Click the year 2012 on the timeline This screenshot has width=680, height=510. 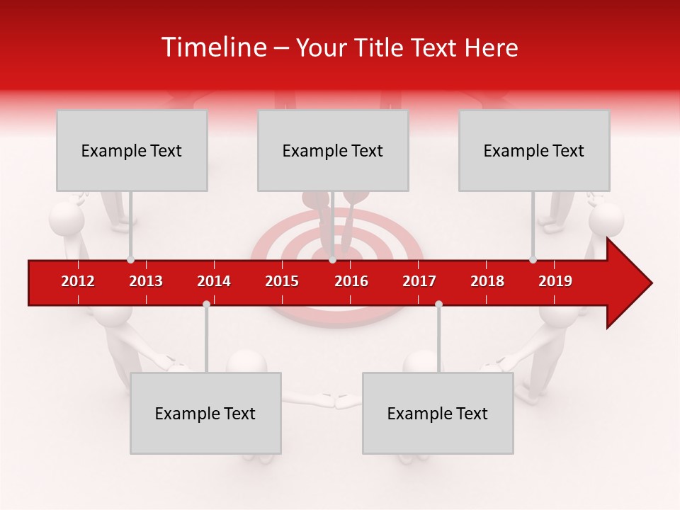pos(78,281)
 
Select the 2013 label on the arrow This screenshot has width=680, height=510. pos(146,281)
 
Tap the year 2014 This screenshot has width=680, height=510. pos(214,281)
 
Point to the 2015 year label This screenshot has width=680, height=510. pos(282,281)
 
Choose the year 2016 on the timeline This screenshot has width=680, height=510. pos(351,281)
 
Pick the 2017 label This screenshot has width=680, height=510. pos(419,281)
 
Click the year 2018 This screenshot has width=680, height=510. pos(487,281)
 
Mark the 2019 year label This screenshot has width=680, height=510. pos(555,281)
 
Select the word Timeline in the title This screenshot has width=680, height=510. pos(212,47)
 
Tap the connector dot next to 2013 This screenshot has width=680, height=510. pos(130,260)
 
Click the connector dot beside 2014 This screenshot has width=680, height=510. pos(206,304)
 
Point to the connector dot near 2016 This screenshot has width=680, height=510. pos(332,260)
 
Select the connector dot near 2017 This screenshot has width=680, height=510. pos(438,304)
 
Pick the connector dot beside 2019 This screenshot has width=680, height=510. pos(533,260)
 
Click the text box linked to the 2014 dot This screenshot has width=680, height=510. pos(205,413)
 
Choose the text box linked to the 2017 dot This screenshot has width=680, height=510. pos(438,413)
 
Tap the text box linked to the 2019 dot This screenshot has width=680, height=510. pos(534,150)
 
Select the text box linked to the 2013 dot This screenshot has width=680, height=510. pos(132,150)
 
